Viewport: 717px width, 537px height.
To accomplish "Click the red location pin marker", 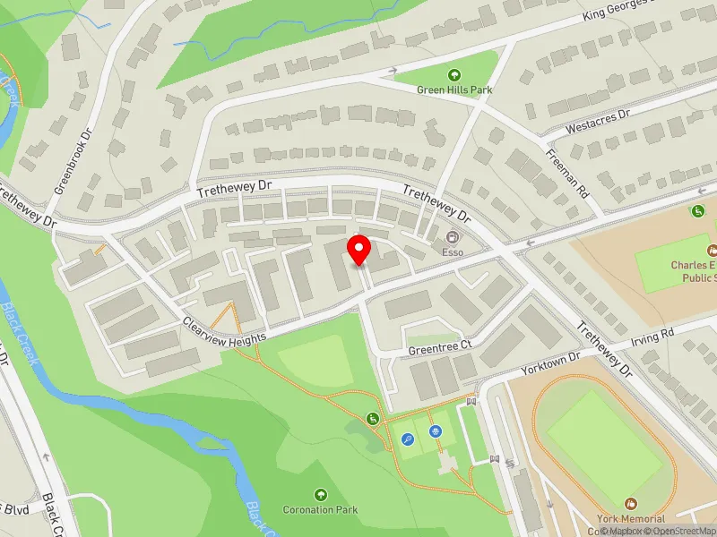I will (x=359, y=250).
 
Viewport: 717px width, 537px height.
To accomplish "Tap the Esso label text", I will (x=453, y=252).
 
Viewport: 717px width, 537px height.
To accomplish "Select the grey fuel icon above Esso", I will (x=453, y=238).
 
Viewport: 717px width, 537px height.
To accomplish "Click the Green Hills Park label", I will (x=454, y=89).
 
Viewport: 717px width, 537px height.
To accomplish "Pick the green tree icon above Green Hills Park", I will (x=454, y=75).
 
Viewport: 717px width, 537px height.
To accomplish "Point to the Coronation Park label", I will (x=321, y=510).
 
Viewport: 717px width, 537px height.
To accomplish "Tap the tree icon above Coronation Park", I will (x=321, y=494).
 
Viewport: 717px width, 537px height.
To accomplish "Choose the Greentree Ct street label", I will (x=439, y=346).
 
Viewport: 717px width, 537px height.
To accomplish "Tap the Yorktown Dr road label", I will (x=550, y=363).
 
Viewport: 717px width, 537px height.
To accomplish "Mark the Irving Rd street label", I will (x=653, y=336).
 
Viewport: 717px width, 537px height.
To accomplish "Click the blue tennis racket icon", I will (x=408, y=439).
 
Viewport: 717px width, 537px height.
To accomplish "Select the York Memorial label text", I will (x=631, y=519).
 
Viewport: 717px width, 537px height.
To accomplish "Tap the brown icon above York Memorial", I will (x=630, y=505).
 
